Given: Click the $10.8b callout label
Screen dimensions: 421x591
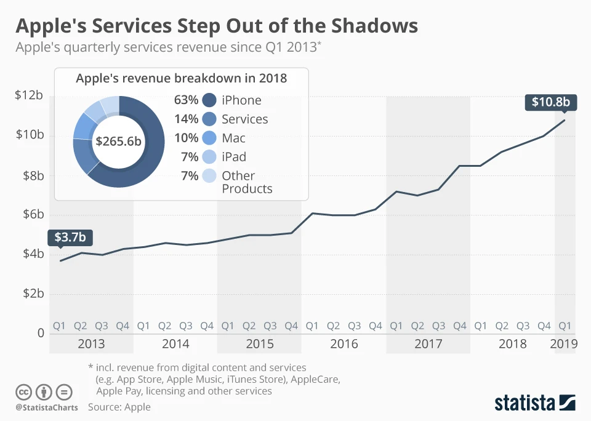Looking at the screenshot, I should coord(551,102).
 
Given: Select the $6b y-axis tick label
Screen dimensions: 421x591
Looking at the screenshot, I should coord(30,214).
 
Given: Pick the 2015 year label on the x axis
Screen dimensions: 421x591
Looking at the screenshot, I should coord(259,343).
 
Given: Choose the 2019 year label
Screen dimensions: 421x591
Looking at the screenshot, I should coord(564,343).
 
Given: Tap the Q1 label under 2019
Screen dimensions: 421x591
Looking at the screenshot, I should coord(564,325).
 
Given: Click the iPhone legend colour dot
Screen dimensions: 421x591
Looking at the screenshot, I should coord(209,100).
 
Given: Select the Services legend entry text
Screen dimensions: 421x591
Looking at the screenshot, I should coord(245,119).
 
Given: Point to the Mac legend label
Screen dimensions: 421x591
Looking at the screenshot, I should coord(234,138).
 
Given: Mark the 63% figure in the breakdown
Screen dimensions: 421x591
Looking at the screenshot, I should coord(187,100).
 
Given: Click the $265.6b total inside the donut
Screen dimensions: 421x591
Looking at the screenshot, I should coord(118,141).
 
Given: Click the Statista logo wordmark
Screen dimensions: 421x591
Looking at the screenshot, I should coord(525,403).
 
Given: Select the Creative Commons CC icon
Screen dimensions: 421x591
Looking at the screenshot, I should coord(24,392).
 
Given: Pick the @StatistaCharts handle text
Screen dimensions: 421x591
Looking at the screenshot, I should coord(47,407).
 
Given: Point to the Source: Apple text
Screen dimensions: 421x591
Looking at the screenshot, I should coord(119,407).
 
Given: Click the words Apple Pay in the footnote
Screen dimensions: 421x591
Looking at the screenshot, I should coord(121,391).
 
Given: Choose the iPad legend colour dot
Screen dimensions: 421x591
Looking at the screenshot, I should coord(209,158).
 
